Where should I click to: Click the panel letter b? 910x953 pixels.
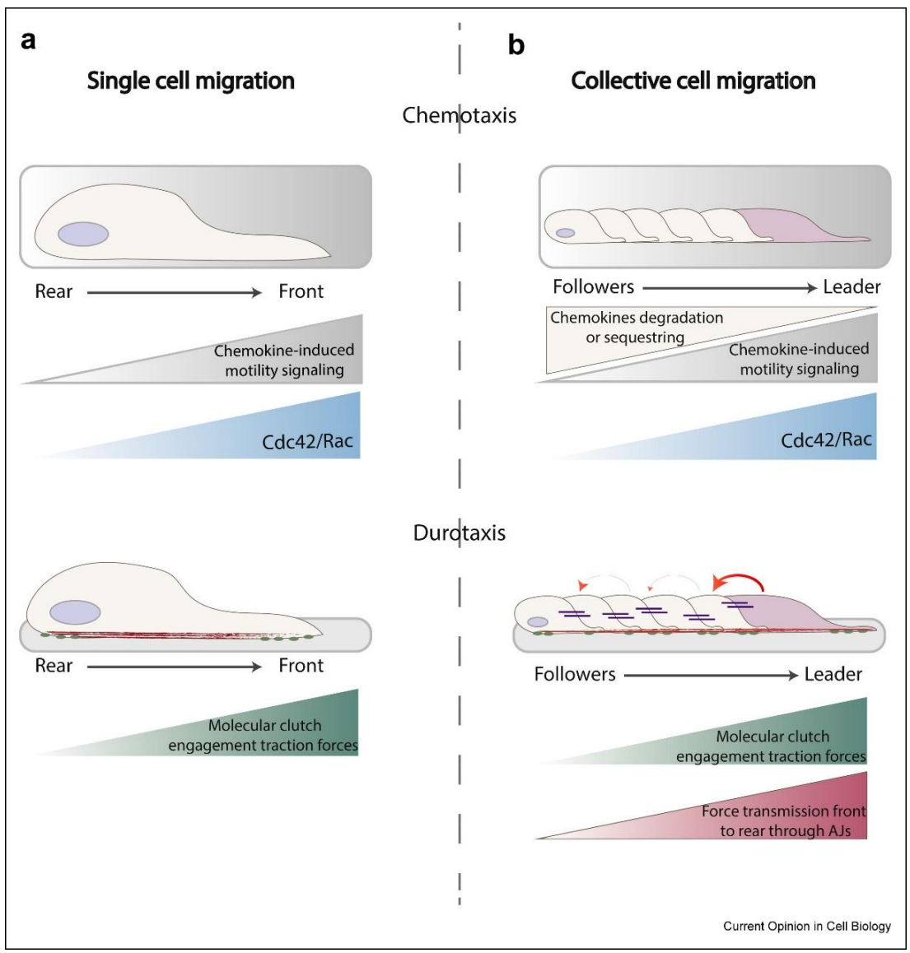click(x=516, y=45)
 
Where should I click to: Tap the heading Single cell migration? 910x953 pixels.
click(x=191, y=81)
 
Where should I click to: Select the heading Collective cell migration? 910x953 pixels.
click(x=693, y=81)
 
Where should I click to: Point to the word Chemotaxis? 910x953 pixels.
click(x=460, y=114)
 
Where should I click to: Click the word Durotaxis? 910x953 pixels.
click(x=460, y=532)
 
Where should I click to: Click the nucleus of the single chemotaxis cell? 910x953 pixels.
click(x=83, y=234)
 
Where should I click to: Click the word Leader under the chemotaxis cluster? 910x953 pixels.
click(x=852, y=287)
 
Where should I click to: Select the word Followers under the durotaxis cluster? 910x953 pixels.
click(x=575, y=675)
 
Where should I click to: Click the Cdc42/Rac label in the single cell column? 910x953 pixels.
click(x=307, y=441)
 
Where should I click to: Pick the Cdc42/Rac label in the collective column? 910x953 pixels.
click(x=826, y=439)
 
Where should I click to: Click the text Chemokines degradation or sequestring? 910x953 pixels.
click(x=637, y=328)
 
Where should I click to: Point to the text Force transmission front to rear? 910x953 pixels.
click(x=784, y=821)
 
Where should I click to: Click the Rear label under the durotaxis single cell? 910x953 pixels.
click(x=54, y=666)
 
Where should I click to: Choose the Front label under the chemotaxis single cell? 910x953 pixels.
click(x=301, y=291)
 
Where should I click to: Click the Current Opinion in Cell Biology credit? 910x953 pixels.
click(x=807, y=927)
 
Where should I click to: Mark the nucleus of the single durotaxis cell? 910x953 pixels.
click(x=75, y=612)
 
